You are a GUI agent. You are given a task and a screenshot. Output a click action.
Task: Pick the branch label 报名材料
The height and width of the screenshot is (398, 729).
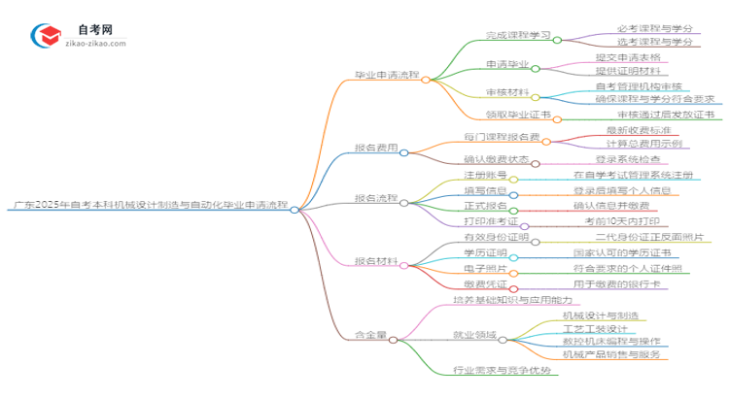376,261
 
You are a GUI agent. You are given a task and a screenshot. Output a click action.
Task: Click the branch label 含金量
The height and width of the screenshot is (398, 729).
369,337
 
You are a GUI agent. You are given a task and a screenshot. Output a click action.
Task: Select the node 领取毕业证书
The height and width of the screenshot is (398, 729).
518,114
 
